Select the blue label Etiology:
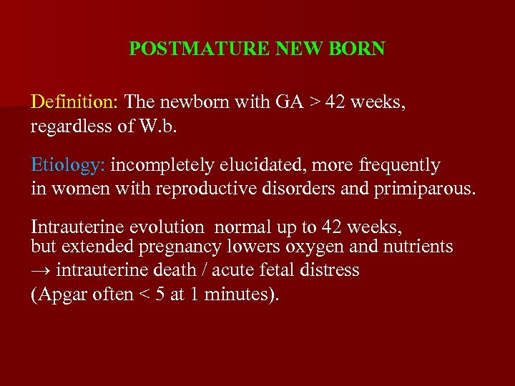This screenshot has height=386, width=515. pyautogui.click(x=68, y=165)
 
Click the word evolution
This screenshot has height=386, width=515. pyautogui.click(x=166, y=227)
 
